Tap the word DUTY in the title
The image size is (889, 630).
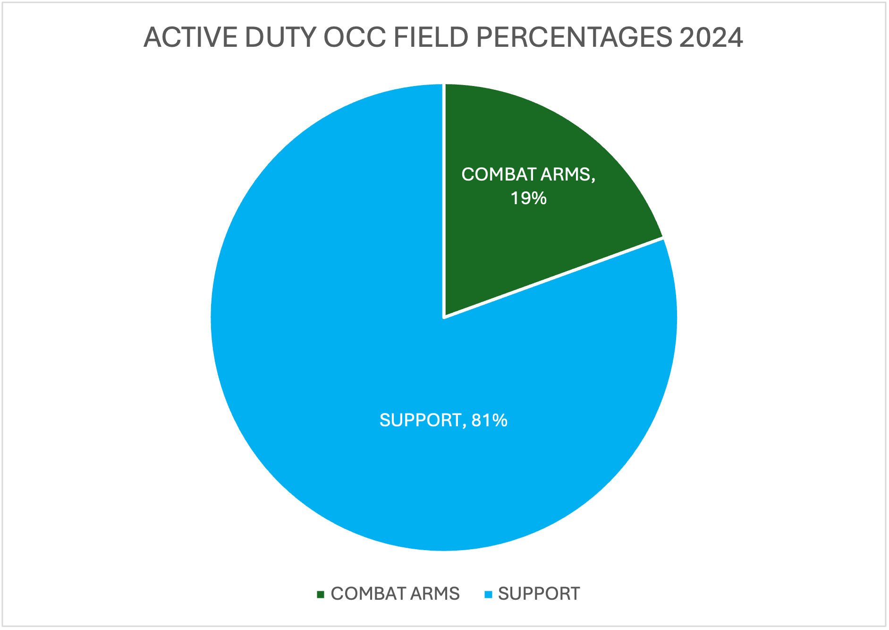pyautogui.click(x=280, y=37)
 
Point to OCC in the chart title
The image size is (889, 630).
pyautogui.click(x=354, y=37)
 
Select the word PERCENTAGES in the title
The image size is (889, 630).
pyautogui.click(x=574, y=37)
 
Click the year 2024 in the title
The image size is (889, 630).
pyautogui.click(x=711, y=37)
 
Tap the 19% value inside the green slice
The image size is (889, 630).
pyautogui.click(x=528, y=198)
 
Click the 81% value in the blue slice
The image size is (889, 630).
pyautogui.click(x=489, y=420)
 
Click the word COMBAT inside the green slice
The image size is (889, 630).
pyautogui.click(x=499, y=174)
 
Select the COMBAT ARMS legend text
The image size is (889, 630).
pyautogui.click(x=395, y=594)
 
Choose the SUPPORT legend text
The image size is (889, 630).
pyautogui.click(x=539, y=594)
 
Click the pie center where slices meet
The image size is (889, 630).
pyautogui.click(x=444, y=317)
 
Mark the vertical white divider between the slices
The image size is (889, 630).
pyautogui.click(x=444, y=198)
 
